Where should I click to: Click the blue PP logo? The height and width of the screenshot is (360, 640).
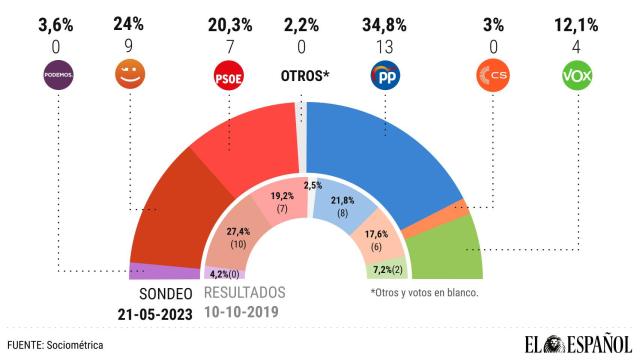385,75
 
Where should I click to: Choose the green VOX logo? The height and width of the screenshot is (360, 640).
581,75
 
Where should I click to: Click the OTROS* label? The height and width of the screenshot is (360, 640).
305,77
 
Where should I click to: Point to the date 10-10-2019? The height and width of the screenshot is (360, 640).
245,312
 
